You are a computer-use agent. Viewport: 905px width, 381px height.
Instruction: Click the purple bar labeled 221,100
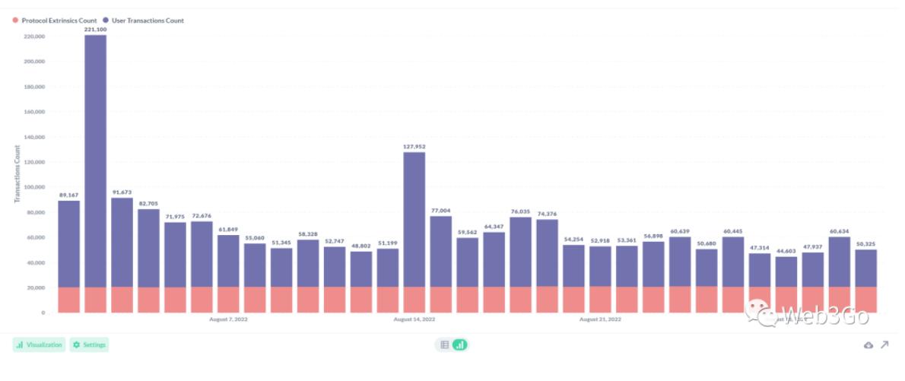tap(95, 160)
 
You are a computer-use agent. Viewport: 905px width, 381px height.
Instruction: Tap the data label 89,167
tap(68, 195)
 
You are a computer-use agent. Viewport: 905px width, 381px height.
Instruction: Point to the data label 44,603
tap(786, 251)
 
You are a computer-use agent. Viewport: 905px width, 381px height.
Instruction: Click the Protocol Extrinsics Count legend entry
tap(53, 21)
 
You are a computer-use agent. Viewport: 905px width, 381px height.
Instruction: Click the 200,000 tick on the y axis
tap(34, 61)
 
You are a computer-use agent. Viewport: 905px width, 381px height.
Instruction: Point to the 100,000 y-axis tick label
tap(34, 187)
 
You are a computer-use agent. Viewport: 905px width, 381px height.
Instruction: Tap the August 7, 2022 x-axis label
tap(228, 319)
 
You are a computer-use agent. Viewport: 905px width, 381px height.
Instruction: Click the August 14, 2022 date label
tap(414, 319)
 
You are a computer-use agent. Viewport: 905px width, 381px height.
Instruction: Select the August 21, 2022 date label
tap(600, 319)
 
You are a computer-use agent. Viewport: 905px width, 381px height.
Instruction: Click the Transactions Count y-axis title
tap(17, 173)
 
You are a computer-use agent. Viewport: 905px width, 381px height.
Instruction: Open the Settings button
tap(89, 344)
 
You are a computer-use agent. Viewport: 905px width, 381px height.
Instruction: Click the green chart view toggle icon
tap(459, 344)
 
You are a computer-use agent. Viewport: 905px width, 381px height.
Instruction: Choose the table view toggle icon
tap(445, 344)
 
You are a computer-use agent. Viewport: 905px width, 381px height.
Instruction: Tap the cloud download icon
tap(868, 345)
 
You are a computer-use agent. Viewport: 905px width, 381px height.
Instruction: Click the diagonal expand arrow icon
tap(885, 344)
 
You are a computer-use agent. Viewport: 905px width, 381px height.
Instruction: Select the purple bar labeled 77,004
tap(440, 251)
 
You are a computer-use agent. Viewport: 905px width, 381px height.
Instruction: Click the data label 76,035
tap(520, 211)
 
